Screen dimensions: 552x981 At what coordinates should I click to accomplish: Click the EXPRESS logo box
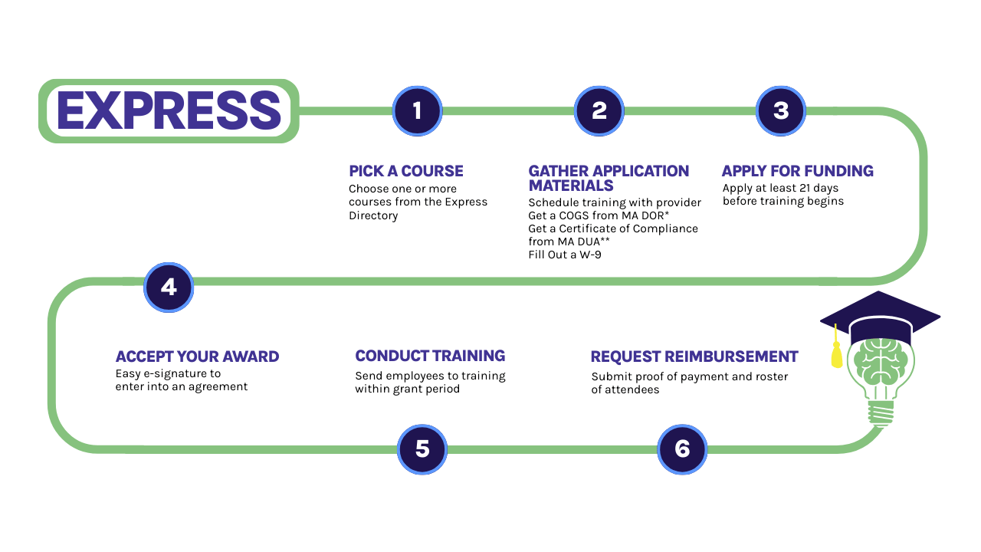pos(169,111)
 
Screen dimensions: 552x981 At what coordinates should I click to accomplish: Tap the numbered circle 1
pos(417,111)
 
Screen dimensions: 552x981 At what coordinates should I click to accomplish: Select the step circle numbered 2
pos(599,111)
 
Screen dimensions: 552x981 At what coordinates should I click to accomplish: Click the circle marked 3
pos(780,111)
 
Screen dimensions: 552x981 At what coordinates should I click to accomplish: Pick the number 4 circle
pos(169,287)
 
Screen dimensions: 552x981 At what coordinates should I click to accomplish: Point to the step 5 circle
pos(422,449)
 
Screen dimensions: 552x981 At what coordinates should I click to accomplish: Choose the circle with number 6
pos(682,449)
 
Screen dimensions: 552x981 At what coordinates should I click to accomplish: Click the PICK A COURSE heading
pos(406,171)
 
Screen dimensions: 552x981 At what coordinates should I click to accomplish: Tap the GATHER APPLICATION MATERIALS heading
pos(609,178)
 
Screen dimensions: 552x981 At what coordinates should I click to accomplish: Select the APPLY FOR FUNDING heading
pos(797,171)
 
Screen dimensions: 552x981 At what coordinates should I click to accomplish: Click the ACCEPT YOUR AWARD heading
pos(197,356)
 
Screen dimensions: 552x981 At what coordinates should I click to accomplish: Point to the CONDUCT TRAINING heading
pos(430,356)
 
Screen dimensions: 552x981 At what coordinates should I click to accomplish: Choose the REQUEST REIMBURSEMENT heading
pos(694,356)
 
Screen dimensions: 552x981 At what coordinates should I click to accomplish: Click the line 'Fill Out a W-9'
pos(565,255)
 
